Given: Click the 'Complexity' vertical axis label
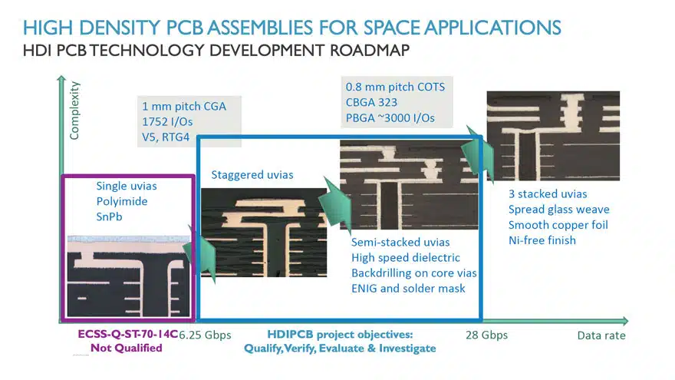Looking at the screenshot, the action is (x=74, y=111).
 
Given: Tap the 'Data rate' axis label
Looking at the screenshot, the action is (x=601, y=335).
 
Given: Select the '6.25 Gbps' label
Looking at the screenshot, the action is (x=205, y=335).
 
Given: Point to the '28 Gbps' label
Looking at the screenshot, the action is (x=486, y=335).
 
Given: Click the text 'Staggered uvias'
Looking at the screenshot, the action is (x=252, y=175).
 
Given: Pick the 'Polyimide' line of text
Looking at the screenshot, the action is (x=122, y=202).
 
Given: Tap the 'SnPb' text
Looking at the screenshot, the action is (x=110, y=216).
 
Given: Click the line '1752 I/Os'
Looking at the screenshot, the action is (x=167, y=122).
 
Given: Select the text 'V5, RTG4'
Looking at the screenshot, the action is (x=166, y=137).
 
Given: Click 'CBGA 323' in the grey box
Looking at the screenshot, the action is (x=371, y=103).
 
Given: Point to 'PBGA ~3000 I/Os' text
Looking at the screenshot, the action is (x=390, y=118).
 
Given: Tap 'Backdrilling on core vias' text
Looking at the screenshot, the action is (x=414, y=273).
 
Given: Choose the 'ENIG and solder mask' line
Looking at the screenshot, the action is (x=408, y=289).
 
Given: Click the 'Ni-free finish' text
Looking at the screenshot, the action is (x=542, y=240).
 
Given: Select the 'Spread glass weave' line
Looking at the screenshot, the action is (x=558, y=210).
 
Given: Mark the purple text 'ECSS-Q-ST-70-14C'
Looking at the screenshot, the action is (x=128, y=335).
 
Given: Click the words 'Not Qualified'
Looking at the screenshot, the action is (x=126, y=348).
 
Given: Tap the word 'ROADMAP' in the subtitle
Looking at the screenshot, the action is (x=370, y=51).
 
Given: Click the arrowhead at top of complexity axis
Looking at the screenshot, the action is (x=61, y=79).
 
